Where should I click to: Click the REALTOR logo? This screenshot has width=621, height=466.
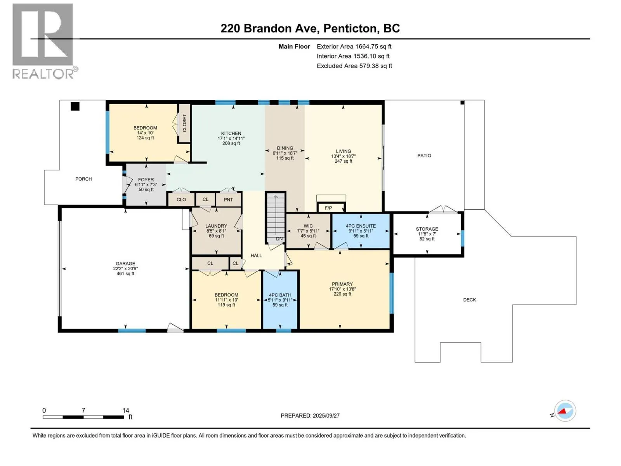(x=45, y=41)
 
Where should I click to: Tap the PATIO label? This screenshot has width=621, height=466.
(x=424, y=156)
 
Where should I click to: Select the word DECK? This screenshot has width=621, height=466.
(x=469, y=300)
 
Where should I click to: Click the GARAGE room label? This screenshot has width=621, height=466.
(x=125, y=263)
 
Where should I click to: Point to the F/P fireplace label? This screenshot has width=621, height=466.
(x=328, y=208)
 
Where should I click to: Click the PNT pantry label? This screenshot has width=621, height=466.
(x=228, y=200)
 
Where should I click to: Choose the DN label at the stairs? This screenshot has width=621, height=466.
(x=279, y=239)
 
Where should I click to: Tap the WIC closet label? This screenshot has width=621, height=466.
(x=308, y=226)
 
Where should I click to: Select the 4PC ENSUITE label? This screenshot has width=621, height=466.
(x=361, y=226)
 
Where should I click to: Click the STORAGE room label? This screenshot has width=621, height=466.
(x=427, y=229)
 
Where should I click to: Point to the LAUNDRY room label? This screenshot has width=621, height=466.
(x=216, y=226)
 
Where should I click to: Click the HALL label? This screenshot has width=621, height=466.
(x=256, y=256)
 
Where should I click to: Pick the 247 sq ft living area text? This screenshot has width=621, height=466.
(x=343, y=161)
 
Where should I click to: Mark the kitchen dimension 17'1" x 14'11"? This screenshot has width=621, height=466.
(x=231, y=138)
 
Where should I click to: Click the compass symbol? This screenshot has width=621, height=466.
(x=565, y=411)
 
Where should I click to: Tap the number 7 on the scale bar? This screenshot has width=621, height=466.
(x=83, y=410)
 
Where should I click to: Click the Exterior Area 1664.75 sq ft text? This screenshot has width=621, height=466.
(x=354, y=46)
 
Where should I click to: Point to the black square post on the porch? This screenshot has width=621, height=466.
(x=75, y=106)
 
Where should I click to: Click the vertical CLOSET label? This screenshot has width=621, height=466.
(x=185, y=123)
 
